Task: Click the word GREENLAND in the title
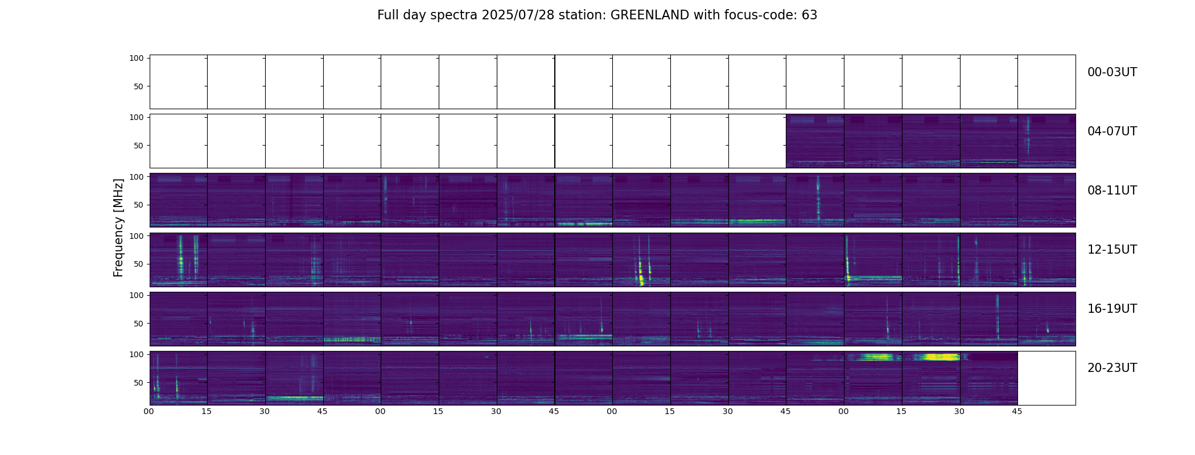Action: point(649,15)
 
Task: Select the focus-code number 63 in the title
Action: point(809,15)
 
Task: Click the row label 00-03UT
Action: point(1112,72)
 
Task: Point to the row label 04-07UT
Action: point(1112,131)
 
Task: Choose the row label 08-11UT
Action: point(1112,191)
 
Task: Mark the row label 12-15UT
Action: point(1112,250)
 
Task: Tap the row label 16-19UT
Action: point(1112,309)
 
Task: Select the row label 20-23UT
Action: point(1112,368)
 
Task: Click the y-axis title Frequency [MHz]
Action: point(118,227)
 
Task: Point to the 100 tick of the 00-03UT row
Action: point(137,59)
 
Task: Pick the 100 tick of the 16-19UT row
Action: point(137,295)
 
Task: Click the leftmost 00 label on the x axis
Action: point(149,411)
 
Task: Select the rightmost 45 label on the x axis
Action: point(1017,411)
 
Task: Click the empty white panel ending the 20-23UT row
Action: point(1046,378)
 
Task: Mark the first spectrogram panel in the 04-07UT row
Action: point(815,141)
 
